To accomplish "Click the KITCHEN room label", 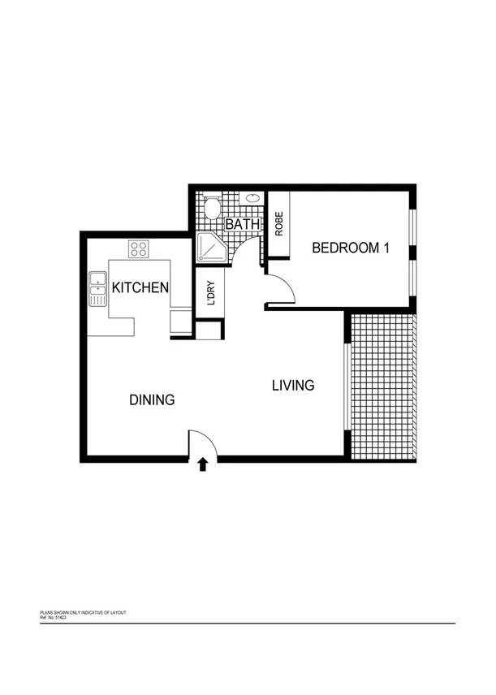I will tap(140, 287).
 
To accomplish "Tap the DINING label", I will tap(152, 400).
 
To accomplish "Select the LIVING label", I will tap(292, 386).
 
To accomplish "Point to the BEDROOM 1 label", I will tap(351, 248).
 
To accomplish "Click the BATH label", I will tap(242, 224).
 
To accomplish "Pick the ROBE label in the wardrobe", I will tap(278, 224).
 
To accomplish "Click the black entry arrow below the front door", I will tap(203, 464).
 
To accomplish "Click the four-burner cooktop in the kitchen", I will tap(137, 248).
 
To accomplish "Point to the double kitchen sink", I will tap(97, 289).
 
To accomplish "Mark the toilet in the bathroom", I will tap(212, 208).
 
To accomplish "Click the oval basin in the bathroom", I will tap(252, 197).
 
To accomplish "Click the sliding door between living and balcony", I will tap(347, 386).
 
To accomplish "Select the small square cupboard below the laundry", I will tap(209, 330).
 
